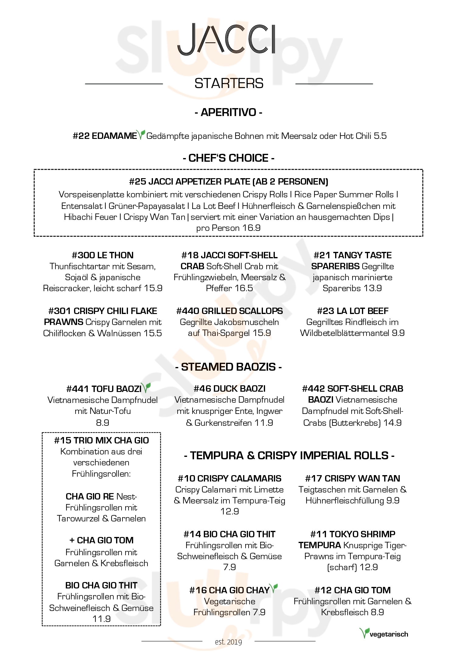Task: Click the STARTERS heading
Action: (229, 83)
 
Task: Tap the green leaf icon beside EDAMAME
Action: (141, 134)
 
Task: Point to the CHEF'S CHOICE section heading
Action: (228, 158)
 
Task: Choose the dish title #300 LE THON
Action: (103, 255)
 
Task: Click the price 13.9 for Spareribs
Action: (373, 288)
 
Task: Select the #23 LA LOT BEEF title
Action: (352, 311)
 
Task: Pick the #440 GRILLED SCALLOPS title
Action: (229, 311)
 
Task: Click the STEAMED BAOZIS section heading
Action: (228, 367)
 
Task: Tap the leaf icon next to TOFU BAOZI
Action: (147, 387)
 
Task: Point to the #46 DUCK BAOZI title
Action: (229, 389)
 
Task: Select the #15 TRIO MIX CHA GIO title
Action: (101, 440)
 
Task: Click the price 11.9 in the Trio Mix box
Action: (101, 619)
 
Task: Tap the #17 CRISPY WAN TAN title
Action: (352, 478)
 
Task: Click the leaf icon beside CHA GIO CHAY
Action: (274, 588)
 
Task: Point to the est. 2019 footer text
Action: (228, 642)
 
